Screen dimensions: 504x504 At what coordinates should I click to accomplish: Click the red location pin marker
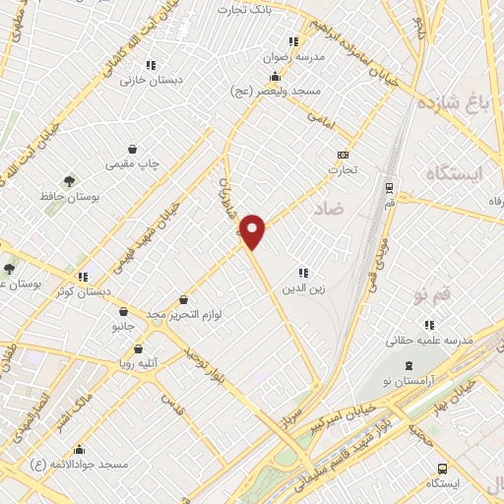[253, 230]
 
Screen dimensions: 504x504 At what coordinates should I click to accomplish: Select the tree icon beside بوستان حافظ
[68, 181]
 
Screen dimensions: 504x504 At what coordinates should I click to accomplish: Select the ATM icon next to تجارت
[343, 155]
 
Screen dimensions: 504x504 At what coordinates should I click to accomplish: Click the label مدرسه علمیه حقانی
[429, 339]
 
